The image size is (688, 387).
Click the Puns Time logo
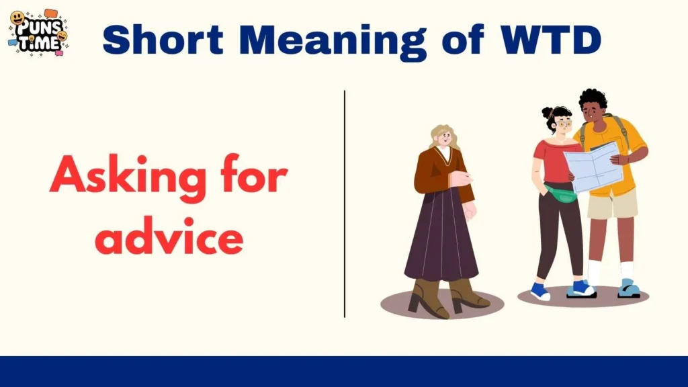click(x=37, y=33)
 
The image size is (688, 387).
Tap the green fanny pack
click(x=561, y=194)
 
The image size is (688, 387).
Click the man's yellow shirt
click(x=625, y=144)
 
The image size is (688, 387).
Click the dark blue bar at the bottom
click(x=344, y=372)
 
